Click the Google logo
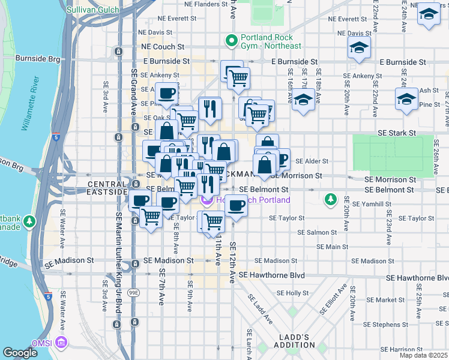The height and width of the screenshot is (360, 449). pos(20,353)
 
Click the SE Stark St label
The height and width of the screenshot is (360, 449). pos(396,133)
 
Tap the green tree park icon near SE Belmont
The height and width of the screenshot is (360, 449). pos(330,199)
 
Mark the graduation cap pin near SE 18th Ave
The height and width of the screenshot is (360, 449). pos(359,47)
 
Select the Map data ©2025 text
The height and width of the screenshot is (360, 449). pos(423,355)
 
